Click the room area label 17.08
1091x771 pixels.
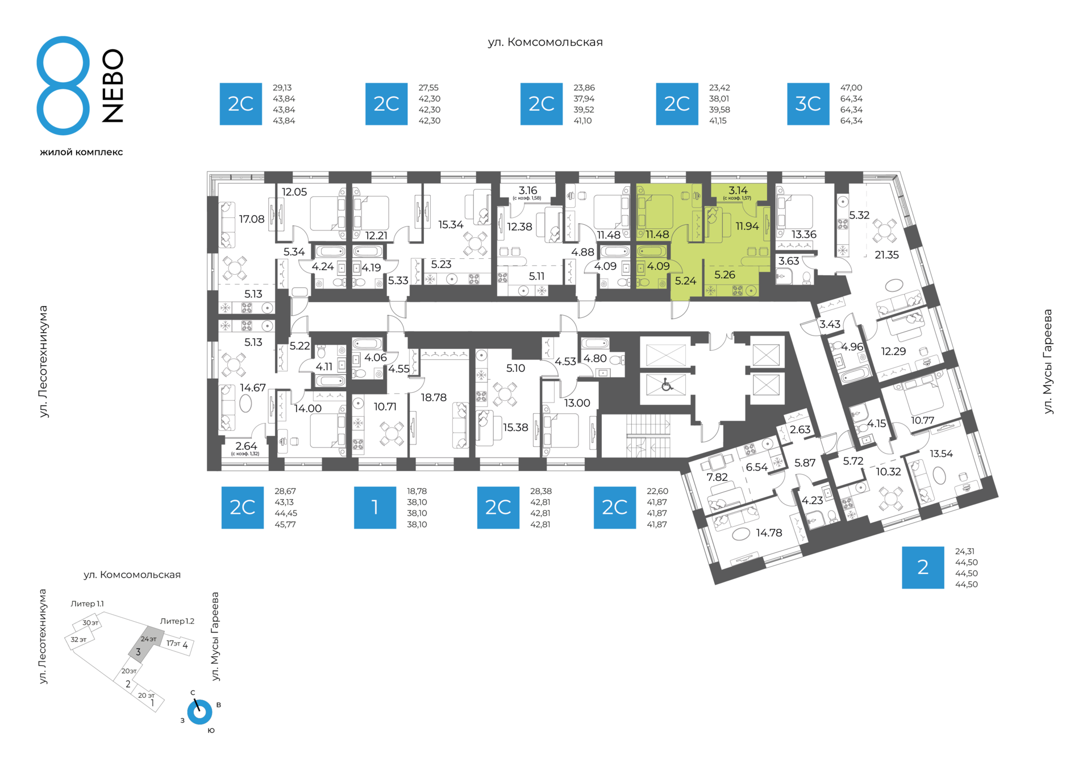tap(252, 219)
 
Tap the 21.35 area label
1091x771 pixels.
tap(886, 255)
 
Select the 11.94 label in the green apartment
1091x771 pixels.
tap(747, 226)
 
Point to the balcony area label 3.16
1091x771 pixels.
tap(528, 190)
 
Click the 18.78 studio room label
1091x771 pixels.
tap(434, 397)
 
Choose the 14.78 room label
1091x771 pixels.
tap(769, 533)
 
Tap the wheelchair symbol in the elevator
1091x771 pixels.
tap(667, 385)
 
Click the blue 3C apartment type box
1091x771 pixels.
tap(808, 104)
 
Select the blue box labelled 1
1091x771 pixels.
tap(375, 508)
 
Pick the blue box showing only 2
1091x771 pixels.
tap(923, 568)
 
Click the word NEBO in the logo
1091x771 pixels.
tap(113, 86)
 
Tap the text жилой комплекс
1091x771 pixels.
tap(81, 152)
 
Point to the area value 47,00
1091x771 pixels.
tap(851, 88)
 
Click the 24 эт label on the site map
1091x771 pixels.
tap(148, 639)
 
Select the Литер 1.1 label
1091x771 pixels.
tap(87, 604)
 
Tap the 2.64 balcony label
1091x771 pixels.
tap(246, 446)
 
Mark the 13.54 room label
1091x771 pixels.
tap(941, 454)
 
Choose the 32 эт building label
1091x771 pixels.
tap(78, 639)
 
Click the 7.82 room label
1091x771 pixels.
tap(717, 477)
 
